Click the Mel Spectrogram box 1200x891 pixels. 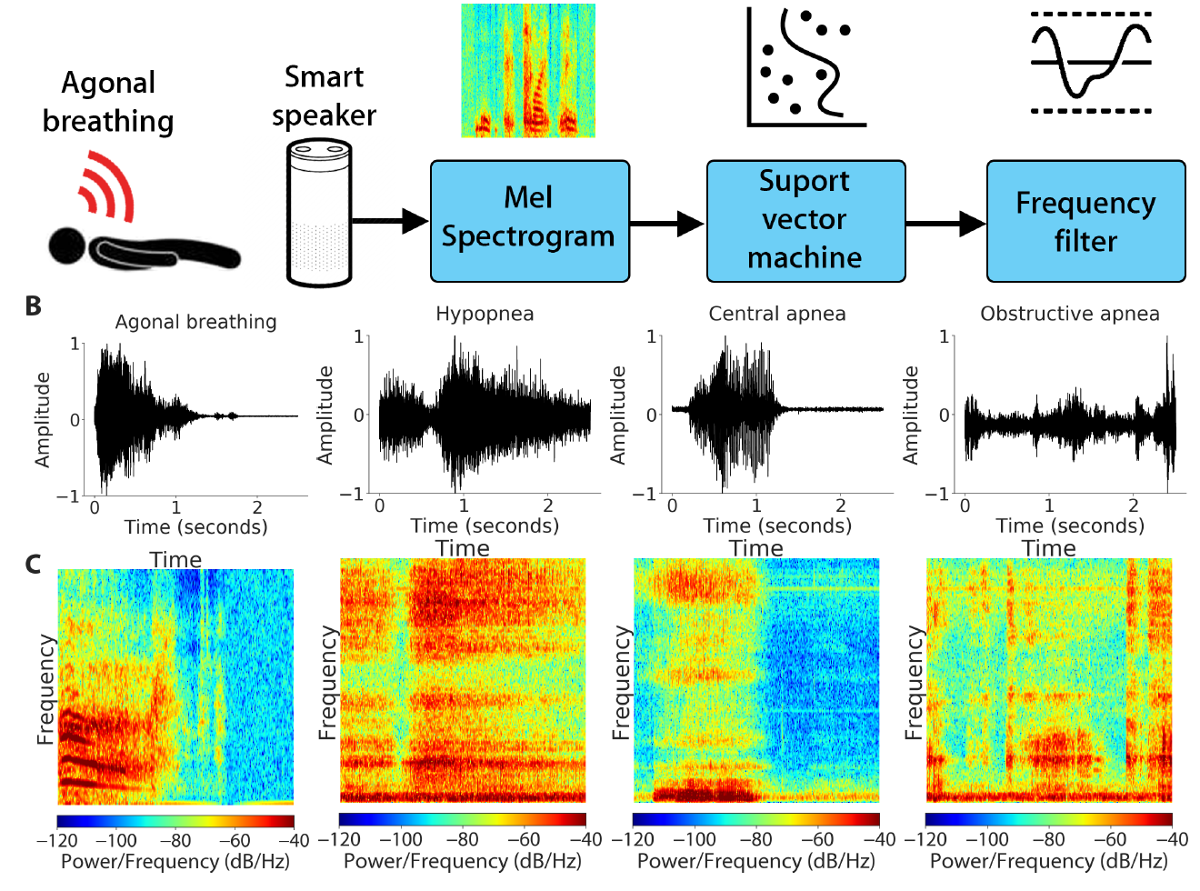(529, 221)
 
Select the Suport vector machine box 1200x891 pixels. (805, 221)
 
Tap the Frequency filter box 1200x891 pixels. (1085, 221)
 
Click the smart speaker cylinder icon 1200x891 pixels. (318, 213)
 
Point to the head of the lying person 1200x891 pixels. (66, 246)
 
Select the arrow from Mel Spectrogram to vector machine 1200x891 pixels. (666, 223)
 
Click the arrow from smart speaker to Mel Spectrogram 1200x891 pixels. (389, 221)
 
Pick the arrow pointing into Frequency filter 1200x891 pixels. (945, 223)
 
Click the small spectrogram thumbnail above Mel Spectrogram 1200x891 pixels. (528, 71)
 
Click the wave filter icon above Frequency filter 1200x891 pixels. (1091, 62)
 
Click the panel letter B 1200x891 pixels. (34, 306)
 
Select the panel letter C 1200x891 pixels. (34, 565)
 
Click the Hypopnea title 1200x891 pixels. (485, 314)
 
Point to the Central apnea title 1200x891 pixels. (777, 314)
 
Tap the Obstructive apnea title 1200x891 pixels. (1069, 314)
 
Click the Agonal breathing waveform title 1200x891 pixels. (195, 322)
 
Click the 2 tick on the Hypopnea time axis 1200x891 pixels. (548, 506)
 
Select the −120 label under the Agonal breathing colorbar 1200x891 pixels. (56, 840)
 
